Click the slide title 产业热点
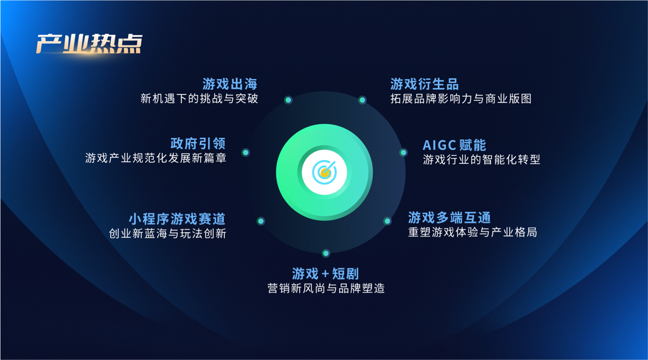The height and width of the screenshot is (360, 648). coord(89,44)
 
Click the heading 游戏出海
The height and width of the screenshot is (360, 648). coord(230,84)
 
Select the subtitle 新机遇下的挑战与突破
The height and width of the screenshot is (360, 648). coord(199,98)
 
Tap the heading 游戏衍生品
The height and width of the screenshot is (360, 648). coord(425,84)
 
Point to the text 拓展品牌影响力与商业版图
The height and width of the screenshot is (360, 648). coord(461,99)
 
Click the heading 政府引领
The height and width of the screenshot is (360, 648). coord(198,144)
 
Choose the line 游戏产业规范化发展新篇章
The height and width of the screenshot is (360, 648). coord(156,158)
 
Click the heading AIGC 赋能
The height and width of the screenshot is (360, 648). coord(454,145)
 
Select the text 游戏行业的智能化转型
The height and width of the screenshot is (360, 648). coord(482,159)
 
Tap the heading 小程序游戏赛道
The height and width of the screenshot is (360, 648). coord(177,219)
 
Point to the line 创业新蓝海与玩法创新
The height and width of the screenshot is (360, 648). coord(167,233)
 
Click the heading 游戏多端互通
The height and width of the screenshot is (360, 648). coord(449,218)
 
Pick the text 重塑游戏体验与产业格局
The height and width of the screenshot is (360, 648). coord(473,232)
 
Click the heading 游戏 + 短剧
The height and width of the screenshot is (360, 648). coord(325,273)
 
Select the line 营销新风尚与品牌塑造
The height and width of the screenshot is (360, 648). coord(326,288)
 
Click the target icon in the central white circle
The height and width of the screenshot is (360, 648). coord(325,172)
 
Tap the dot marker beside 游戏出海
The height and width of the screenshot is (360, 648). coord(289,100)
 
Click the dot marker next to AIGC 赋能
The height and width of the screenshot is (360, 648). coord(403,152)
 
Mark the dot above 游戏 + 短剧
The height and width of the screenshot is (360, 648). coord(326,253)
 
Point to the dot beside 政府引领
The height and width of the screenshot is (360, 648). coord(246,152)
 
